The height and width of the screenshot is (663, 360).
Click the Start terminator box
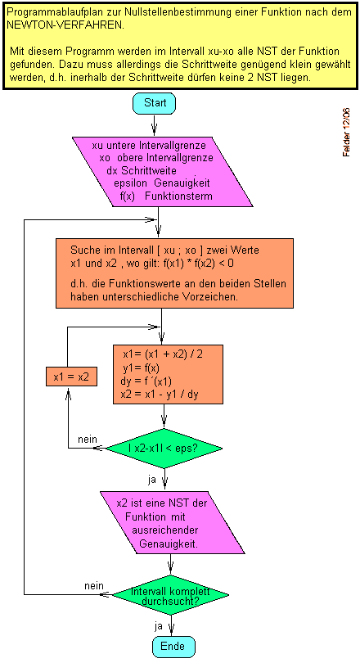154,103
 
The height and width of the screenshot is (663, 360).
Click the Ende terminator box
173,646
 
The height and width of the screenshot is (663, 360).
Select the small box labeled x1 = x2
71,377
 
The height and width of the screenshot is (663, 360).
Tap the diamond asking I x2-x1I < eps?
164,449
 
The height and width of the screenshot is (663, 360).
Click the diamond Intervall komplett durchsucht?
170,594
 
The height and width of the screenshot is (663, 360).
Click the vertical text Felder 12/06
346,133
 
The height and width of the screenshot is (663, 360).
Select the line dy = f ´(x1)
146,381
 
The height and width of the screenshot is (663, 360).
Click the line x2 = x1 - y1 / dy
160,395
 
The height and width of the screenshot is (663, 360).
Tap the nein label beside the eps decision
88,439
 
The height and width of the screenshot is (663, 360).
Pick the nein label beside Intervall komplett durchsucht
94,585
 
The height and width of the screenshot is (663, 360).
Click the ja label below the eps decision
152,479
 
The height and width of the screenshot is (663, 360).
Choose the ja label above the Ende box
159,626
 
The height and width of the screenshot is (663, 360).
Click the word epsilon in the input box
131,184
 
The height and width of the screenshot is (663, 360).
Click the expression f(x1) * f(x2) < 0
199,263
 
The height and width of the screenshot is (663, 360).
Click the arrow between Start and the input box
154,124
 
